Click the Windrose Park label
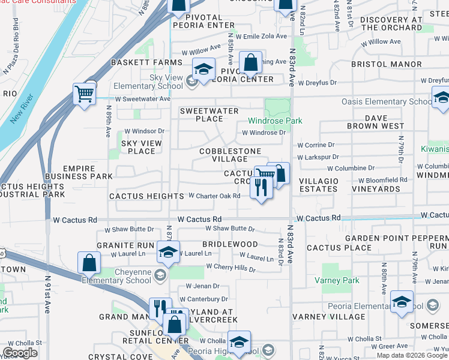[275, 121]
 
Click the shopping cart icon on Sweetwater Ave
[84, 94]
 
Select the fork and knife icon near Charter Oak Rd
[261, 188]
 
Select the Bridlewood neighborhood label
[230, 244]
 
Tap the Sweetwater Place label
[209, 115]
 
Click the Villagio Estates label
[318, 185]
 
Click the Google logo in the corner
[20, 353]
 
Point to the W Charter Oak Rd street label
[214, 196]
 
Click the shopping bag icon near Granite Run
[89, 262]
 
